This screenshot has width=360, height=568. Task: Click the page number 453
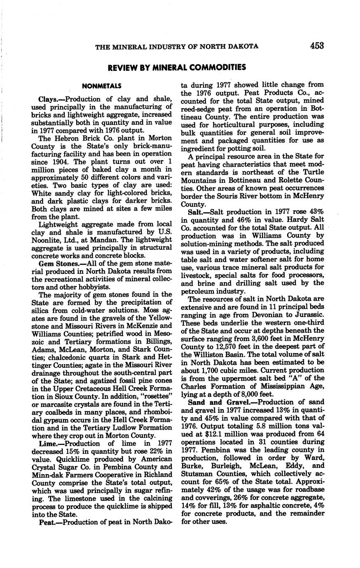317,46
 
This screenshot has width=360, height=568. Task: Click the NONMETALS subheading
101,86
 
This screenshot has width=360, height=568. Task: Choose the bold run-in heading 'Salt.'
196,212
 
